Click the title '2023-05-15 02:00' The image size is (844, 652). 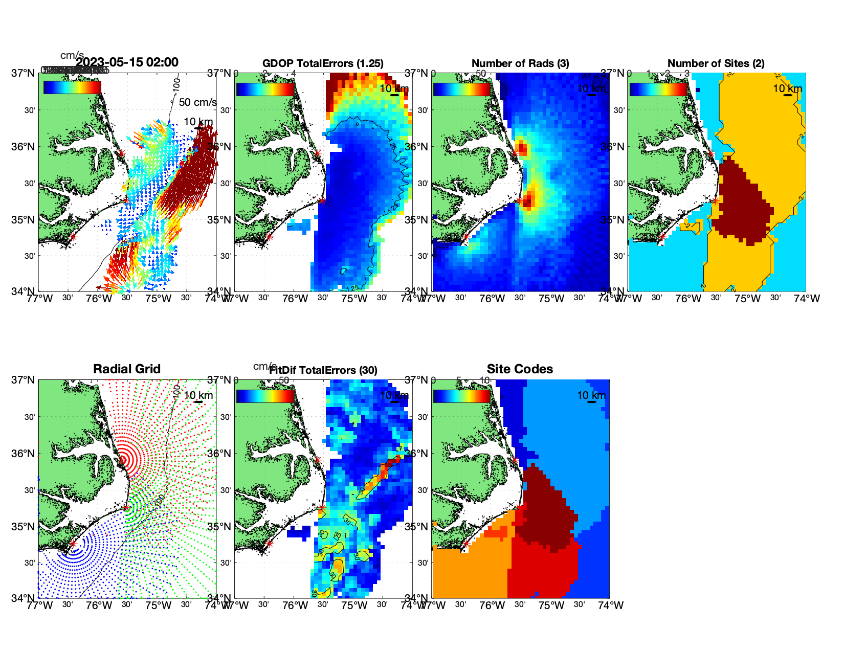[127, 62]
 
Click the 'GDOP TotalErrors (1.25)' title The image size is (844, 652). [323, 63]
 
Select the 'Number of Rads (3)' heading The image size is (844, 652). [520, 63]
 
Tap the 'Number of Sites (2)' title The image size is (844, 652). [716, 63]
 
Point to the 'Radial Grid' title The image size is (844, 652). [127, 369]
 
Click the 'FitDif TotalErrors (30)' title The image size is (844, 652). [323, 370]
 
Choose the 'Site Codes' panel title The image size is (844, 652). [520, 369]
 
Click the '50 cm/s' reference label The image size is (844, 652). [197, 102]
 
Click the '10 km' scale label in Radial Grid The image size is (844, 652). [198, 395]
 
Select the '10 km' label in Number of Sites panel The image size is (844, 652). [787, 88]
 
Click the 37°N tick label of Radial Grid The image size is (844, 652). [23, 380]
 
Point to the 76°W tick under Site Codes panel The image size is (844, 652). [492, 605]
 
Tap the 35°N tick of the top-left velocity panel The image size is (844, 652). [23, 220]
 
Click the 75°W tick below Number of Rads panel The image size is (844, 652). [551, 299]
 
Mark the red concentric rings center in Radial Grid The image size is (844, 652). [123, 459]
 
